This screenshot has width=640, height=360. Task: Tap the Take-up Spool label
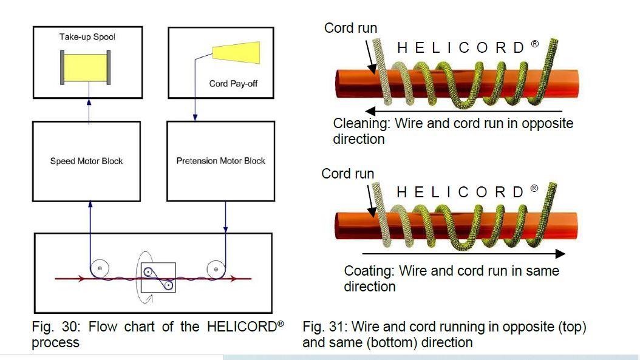click(87, 37)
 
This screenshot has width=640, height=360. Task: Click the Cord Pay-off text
click(233, 84)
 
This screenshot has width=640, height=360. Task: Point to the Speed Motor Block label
click(86, 161)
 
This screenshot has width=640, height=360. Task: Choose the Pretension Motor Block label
click(220, 161)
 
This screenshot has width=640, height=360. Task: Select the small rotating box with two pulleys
click(158, 277)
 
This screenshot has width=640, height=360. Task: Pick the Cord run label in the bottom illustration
click(348, 174)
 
